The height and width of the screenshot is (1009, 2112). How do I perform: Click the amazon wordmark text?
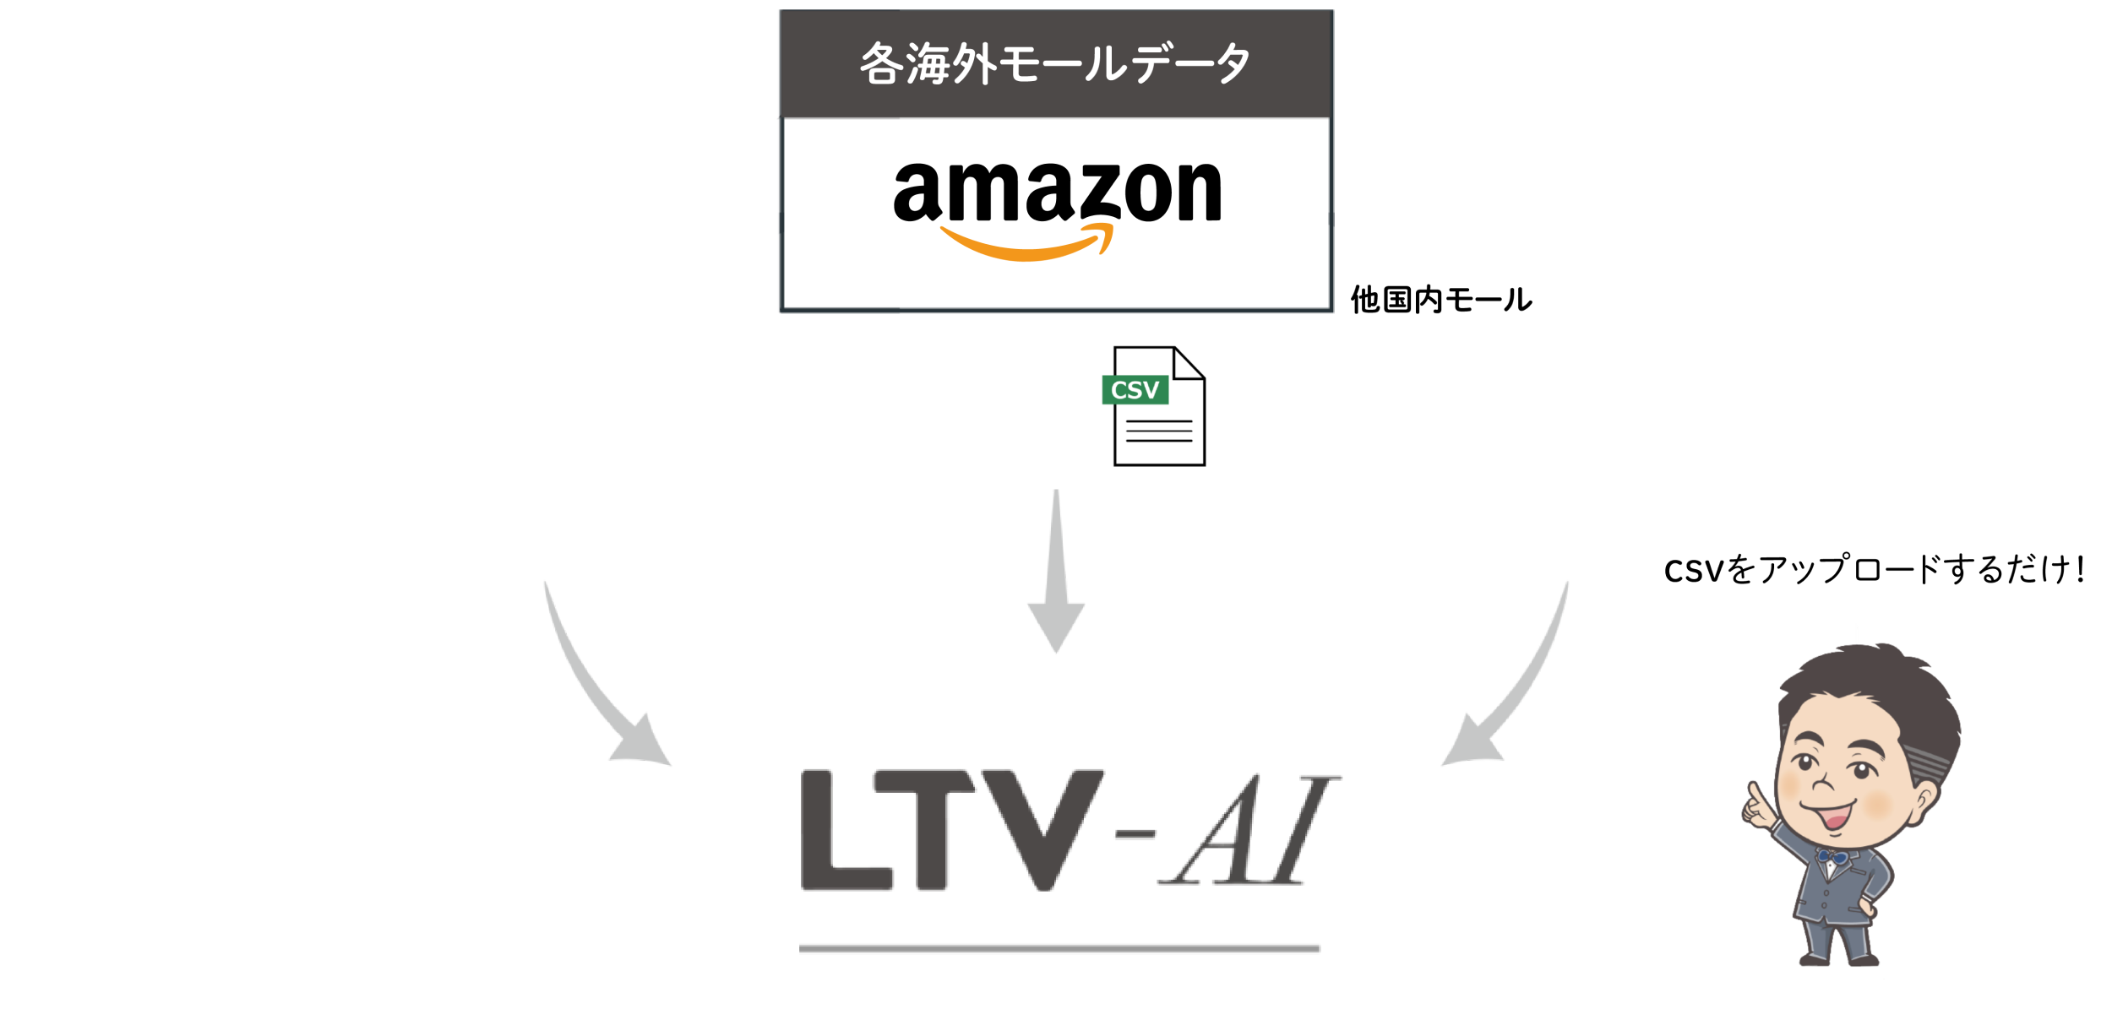(x=1057, y=192)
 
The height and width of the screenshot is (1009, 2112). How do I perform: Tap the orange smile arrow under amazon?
(x=1027, y=243)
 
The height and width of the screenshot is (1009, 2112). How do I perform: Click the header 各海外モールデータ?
(x=1055, y=63)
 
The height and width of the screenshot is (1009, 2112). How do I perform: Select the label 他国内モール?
(x=1440, y=300)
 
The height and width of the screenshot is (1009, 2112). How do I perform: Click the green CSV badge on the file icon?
(x=1135, y=390)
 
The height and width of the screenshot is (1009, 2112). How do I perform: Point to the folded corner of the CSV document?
(x=1189, y=363)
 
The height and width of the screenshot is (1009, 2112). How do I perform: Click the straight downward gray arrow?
(x=1056, y=571)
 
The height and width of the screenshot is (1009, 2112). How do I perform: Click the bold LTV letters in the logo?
(x=952, y=830)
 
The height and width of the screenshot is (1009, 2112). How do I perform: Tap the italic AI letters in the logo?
(x=1249, y=831)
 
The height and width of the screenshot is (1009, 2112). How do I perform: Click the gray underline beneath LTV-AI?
(x=1059, y=948)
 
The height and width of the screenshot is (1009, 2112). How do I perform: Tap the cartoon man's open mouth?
(x=1832, y=816)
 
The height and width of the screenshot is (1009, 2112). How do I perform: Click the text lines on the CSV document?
(x=1159, y=431)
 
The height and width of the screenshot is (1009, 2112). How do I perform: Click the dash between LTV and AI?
(x=1135, y=834)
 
